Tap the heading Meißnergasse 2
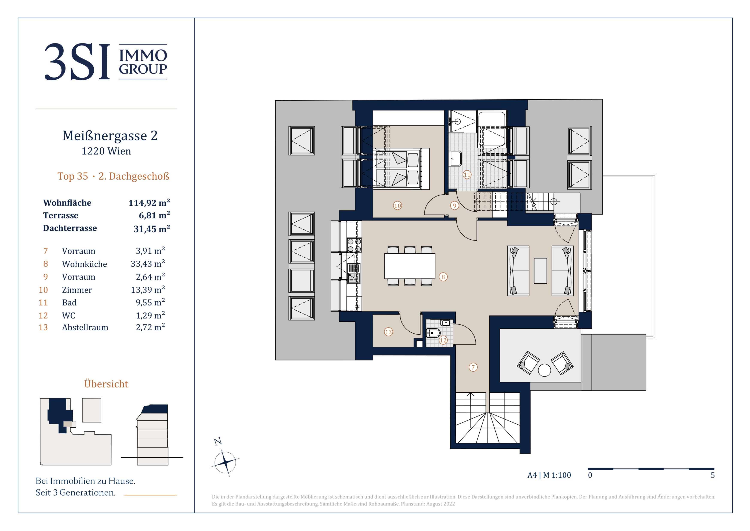[110, 136]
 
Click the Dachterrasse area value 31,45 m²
[152, 228]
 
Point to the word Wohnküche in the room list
[85, 264]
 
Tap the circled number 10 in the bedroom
[397, 206]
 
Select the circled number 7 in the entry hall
[473, 367]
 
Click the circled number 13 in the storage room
[388, 332]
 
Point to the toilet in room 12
[433, 333]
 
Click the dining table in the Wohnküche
[410, 266]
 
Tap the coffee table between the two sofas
[540, 271]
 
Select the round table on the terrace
[544, 370]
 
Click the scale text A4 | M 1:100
[549, 475]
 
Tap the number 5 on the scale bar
[713, 475]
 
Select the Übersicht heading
[106, 384]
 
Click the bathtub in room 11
[492, 129]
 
